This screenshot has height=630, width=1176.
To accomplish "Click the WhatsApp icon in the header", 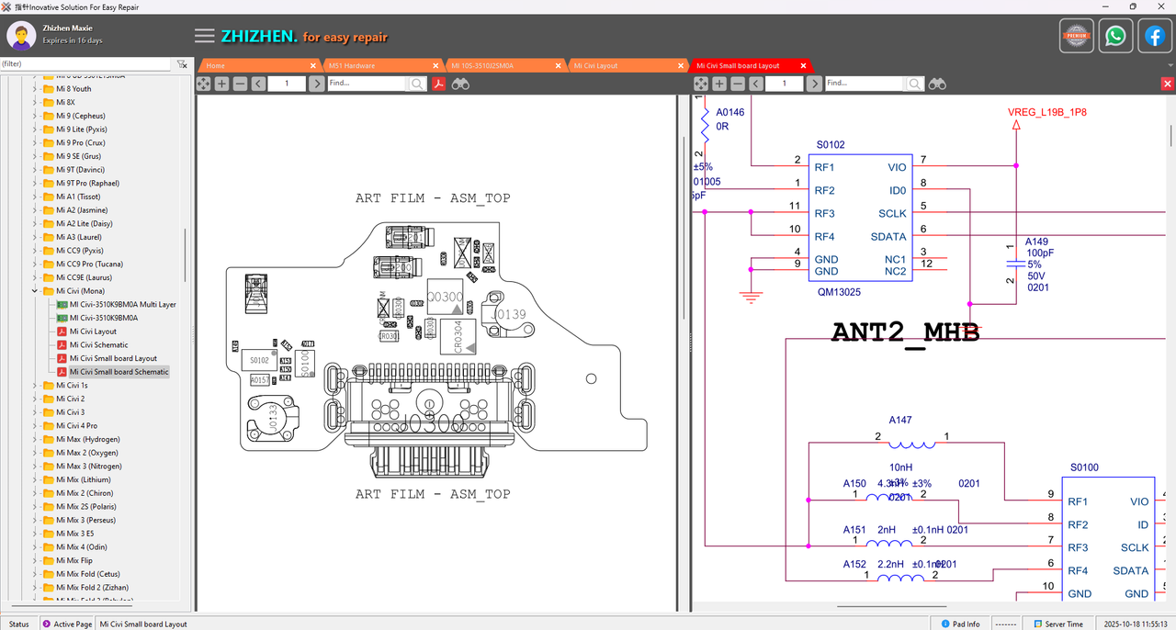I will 1115,37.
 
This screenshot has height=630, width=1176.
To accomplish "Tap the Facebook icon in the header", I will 1154,37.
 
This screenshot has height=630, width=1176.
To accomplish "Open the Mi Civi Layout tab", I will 595,65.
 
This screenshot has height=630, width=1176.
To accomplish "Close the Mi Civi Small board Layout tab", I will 803,65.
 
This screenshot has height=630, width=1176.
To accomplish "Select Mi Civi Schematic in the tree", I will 98,345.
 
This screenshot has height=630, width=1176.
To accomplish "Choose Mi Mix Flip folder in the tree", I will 73,560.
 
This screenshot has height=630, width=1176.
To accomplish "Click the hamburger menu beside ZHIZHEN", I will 205,37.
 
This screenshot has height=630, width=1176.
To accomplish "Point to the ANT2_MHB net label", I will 905,332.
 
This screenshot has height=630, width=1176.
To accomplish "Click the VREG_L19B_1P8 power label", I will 1046,112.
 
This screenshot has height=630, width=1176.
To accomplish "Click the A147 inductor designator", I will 900,420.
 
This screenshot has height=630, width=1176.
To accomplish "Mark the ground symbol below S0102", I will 752,297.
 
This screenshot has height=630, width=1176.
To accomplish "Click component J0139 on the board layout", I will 508,315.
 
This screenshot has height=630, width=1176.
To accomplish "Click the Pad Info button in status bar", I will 960,624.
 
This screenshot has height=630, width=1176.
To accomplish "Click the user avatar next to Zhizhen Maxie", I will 21,36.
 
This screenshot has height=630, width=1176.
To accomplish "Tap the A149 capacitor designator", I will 1036,242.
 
